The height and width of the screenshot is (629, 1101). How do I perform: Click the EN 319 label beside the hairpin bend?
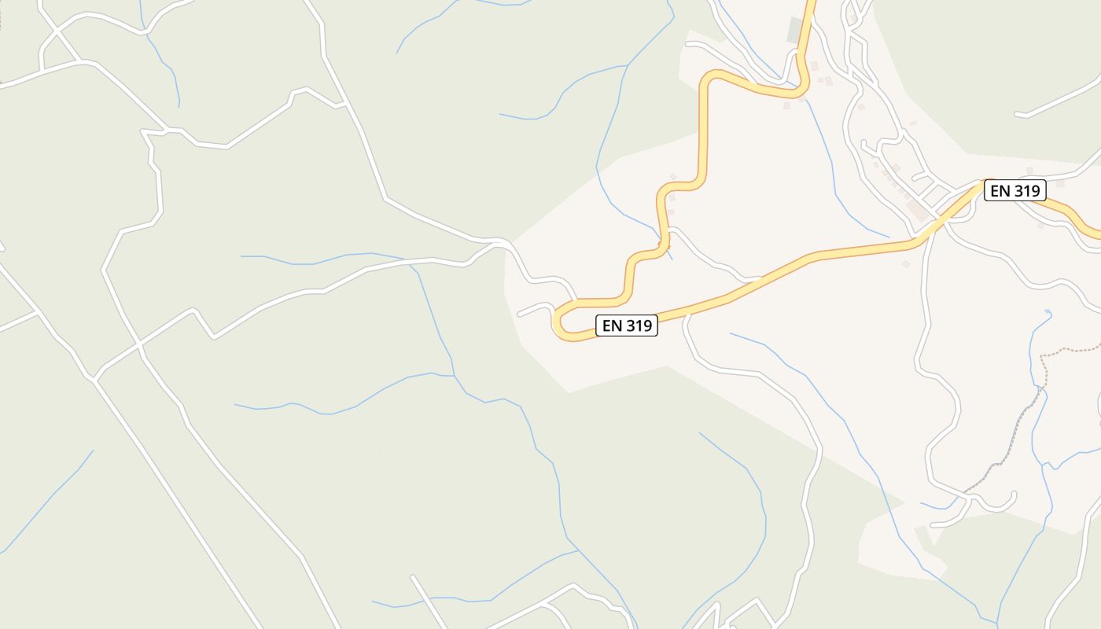pos(626,326)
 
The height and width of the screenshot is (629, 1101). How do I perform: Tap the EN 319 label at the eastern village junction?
pos(1014,190)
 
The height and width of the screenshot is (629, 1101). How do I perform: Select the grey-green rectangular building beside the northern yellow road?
pos(795,30)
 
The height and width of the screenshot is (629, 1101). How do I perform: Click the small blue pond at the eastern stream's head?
pos(1047,314)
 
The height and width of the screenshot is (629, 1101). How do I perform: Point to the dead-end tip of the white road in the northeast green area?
pos(1018,115)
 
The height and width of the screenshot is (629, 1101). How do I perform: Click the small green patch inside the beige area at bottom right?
pos(926,535)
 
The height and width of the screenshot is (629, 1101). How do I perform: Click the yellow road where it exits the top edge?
pos(811,3)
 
